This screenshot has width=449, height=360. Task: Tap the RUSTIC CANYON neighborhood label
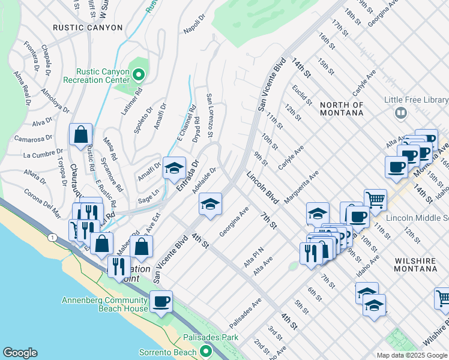coord(88,28)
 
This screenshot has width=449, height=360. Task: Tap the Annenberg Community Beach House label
coord(104,304)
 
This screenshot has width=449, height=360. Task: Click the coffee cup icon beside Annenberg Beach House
coord(160,301)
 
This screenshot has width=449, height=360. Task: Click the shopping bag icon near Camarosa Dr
coord(80,136)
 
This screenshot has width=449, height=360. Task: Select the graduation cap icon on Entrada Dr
coord(174,169)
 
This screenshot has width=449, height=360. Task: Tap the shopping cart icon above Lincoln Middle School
coord(375,199)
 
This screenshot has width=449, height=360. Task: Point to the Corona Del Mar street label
coord(42,202)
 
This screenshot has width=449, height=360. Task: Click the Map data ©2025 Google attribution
coord(411,355)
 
